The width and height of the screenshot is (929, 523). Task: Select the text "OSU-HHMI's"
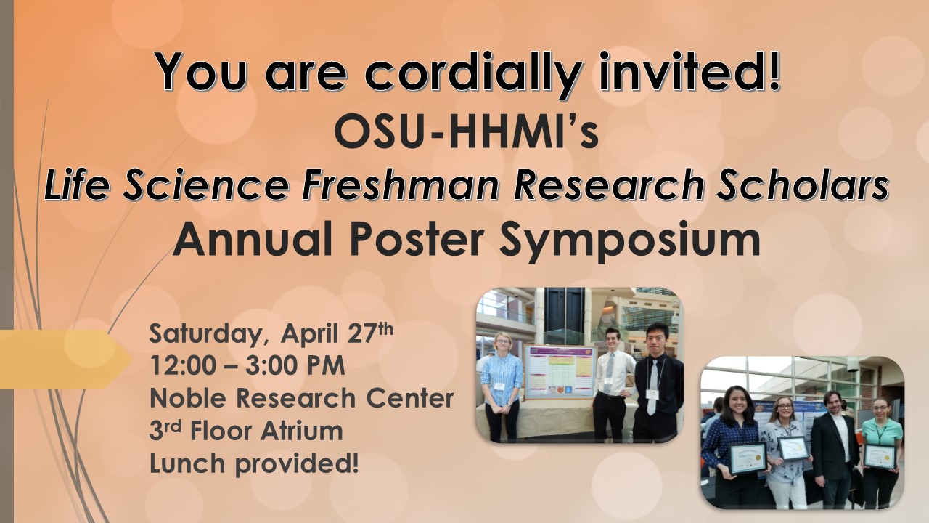point(466,130)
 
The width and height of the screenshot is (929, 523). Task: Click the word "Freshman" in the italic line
point(401,185)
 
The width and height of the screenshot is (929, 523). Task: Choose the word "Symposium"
point(629,240)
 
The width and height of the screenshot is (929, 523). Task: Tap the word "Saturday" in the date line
point(205,334)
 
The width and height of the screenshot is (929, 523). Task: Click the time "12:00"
point(183,365)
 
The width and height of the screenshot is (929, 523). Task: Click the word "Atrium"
point(302,431)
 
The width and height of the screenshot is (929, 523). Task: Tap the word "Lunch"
point(187,463)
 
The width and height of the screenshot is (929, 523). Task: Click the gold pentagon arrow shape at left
point(65,360)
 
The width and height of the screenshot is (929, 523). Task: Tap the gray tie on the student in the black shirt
point(652,386)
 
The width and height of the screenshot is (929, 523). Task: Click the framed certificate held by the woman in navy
point(748,458)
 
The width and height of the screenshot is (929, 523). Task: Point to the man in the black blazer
point(832,448)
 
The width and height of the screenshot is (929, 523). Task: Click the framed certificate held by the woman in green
point(879,457)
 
